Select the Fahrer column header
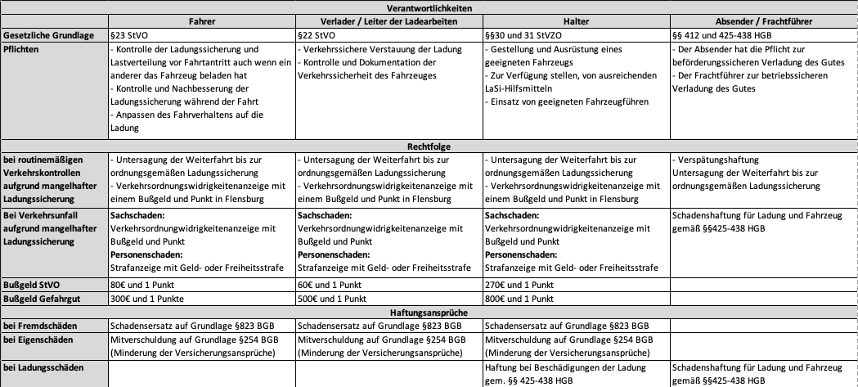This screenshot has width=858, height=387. [200, 20]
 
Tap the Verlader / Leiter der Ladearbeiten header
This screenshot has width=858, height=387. [388, 20]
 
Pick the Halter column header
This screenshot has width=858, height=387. [576, 20]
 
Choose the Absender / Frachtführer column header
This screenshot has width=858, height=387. [762, 20]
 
